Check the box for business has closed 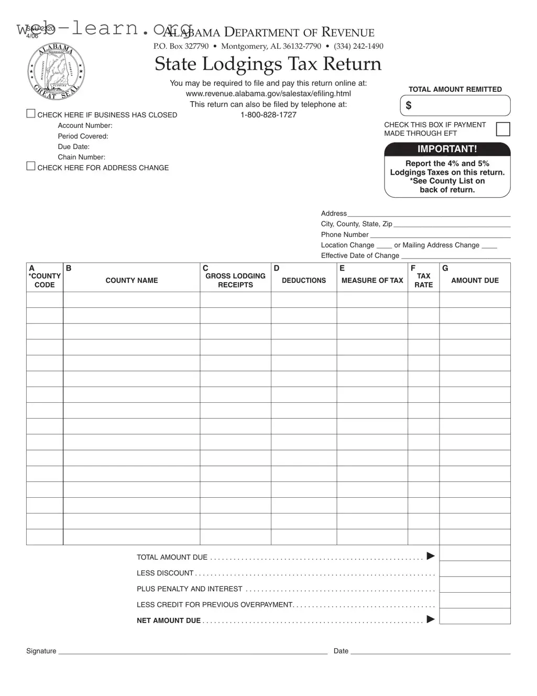tap(31, 114)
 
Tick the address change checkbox tap(31, 167)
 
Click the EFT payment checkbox tap(502, 129)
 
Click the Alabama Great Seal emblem tap(56, 71)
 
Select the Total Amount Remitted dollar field tap(455, 105)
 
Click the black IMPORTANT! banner tap(447, 149)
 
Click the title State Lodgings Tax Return tap(268, 64)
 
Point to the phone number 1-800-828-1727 tap(268, 115)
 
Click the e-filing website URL tap(268, 94)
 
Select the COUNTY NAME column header tap(131, 281)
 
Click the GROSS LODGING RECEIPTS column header tap(235, 280)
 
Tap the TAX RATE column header tap(423, 280)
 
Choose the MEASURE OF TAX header tap(372, 281)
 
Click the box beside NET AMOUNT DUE tap(475, 616)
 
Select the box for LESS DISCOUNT tap(475, 569)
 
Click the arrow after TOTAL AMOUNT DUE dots tap(431, 556)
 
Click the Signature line tap(193, 651)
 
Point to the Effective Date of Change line tap(455, 255)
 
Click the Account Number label tap(85, 126)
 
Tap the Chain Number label tap(81, 157)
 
